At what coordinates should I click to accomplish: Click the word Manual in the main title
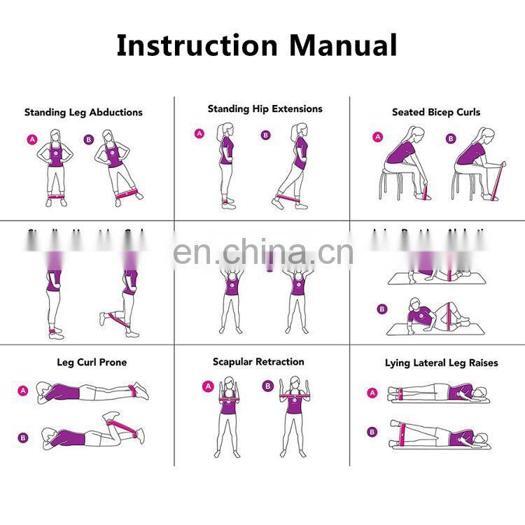tap(343, 45)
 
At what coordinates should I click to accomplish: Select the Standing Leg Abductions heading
tap(83, 112)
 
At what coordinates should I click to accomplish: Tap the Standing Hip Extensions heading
tap(265, 108)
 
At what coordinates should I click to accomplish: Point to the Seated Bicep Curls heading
tap(435, 112)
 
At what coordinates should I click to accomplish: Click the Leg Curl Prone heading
tap(92, 363)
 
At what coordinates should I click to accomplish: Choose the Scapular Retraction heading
tap(258, 362)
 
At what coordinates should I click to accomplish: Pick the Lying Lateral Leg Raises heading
tap(441, 363)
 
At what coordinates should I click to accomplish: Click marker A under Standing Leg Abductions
tap(32, 139)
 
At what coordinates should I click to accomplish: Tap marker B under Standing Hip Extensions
tap(265, 136)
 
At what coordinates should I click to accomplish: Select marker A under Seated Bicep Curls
tap(378, 137)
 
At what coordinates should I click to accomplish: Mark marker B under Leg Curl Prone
tap(23, 438)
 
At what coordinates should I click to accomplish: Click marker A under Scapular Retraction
tap(207, 386)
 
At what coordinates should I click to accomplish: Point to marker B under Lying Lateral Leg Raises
tap(371, 432)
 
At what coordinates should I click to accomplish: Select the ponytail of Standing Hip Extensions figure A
tap(220, 133)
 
